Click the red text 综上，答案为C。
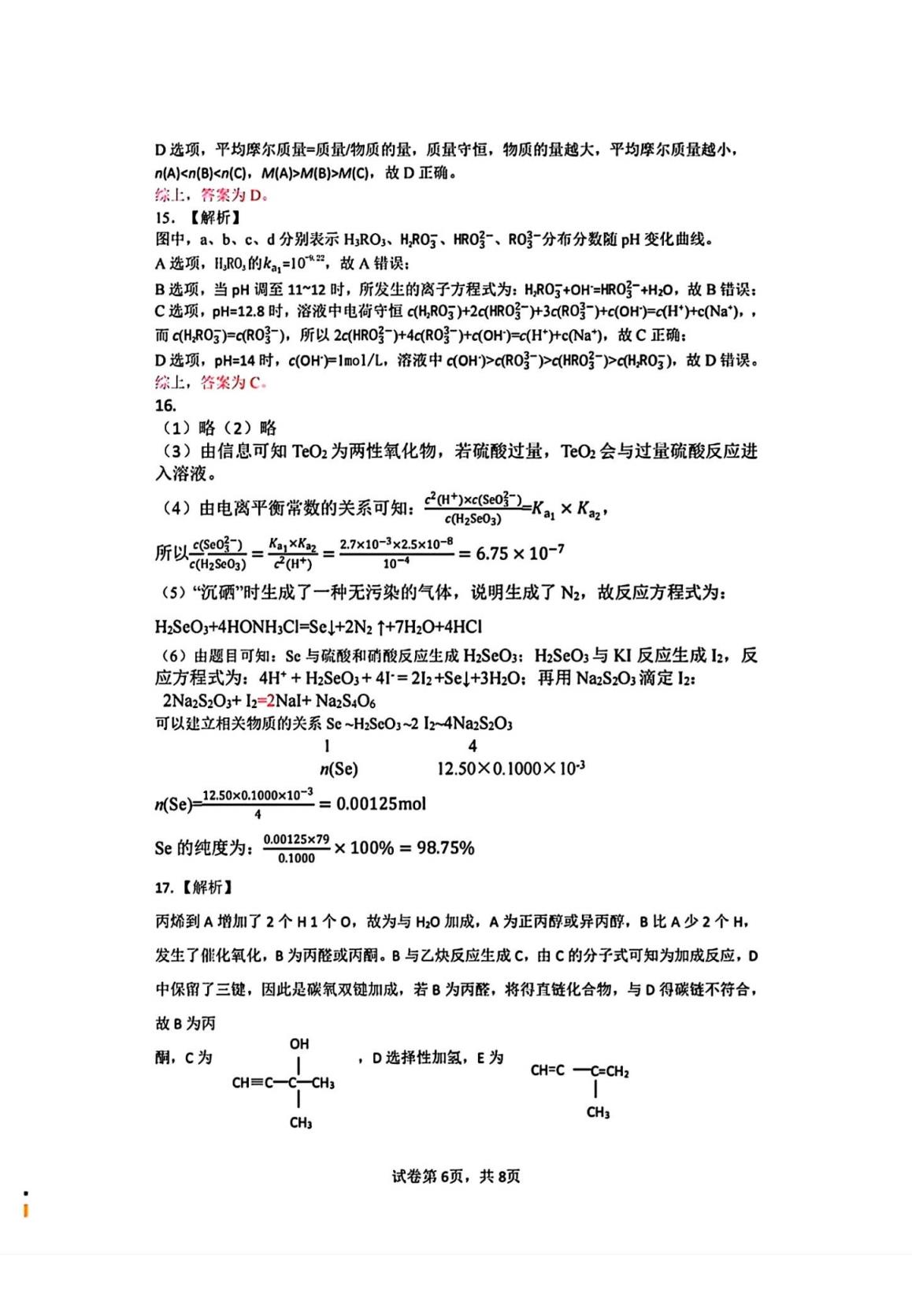(211, 383)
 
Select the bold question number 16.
(165, 406)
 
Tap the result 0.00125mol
(381, 804)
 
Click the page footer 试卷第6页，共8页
(455, 1177)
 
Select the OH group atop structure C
(299, 1044)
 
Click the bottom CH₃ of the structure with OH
(300, 1123)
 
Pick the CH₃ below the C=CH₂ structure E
(598, 1113)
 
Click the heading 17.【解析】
(194, 888)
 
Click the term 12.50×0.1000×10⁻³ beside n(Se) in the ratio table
(510, 769)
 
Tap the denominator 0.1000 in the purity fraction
(296, 858)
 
